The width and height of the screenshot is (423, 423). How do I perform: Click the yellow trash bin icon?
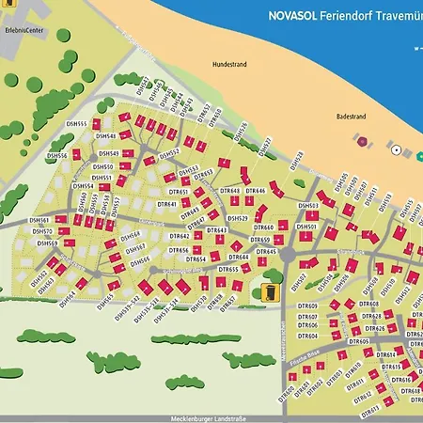(271, 292)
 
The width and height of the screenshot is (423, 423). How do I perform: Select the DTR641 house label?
(167, 204)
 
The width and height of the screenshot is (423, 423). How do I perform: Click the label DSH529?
(238, 218)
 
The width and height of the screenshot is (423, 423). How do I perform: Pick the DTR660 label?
(263, 227)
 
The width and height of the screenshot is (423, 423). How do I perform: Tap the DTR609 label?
(307, 306)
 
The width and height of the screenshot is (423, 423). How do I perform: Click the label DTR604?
(307, 336)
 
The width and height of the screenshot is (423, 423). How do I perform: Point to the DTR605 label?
(358, 341)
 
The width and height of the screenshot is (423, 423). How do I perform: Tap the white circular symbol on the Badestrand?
(396, 150)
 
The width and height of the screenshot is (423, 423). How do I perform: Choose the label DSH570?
(43, 230)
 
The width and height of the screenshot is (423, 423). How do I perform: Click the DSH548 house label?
(106, 135)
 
